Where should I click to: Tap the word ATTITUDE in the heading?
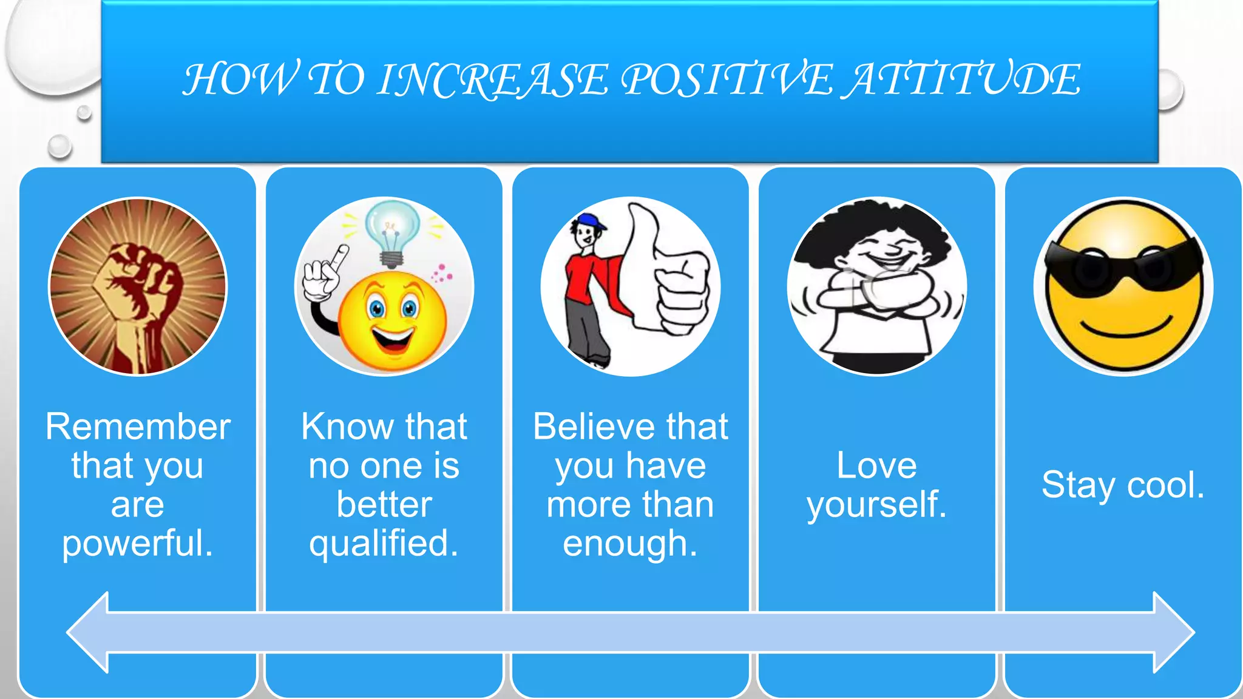(x=964, y=80)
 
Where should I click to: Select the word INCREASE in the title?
(x=492, y=80)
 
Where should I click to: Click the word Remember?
(x=138, y=427)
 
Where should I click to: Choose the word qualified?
(x=383, y=543)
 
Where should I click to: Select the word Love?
(x=876, y=465)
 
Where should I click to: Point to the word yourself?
(x=876, y=505)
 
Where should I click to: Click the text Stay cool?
(x=1123, y=485)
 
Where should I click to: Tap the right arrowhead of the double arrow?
(x=1171, y=632)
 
